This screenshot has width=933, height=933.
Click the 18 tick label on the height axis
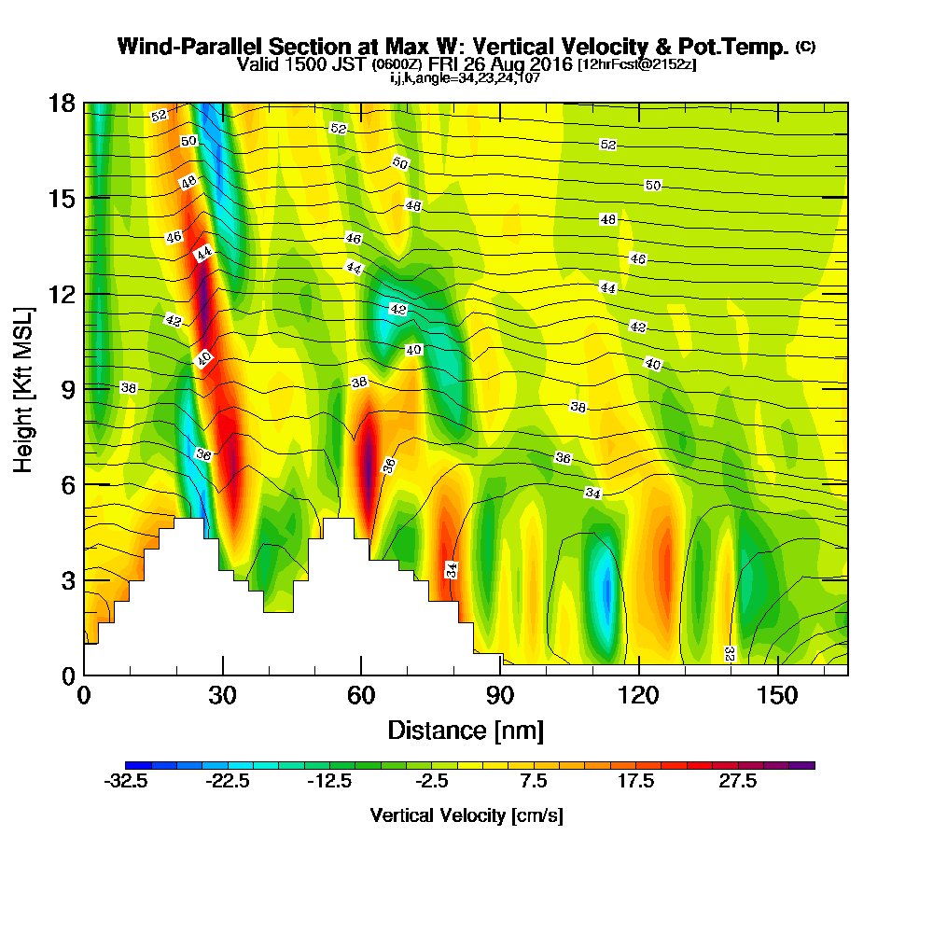pyautogui.click(x=62, y=104)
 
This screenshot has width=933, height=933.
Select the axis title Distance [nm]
pyautogui.click(x=466, y=729)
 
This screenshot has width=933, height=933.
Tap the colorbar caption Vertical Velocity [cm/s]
pyautogui.click(x=466, y=815)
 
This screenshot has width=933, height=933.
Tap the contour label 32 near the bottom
pyautogui.click(x=730, y=652)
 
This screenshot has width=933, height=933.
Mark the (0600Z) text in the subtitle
pyautogui.click(x=397, y=65)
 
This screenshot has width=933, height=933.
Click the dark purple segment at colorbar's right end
pyautogui.click(x=802, y=765)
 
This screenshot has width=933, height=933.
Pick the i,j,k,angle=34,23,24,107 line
pyautogui.click(x=466, y=78)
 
